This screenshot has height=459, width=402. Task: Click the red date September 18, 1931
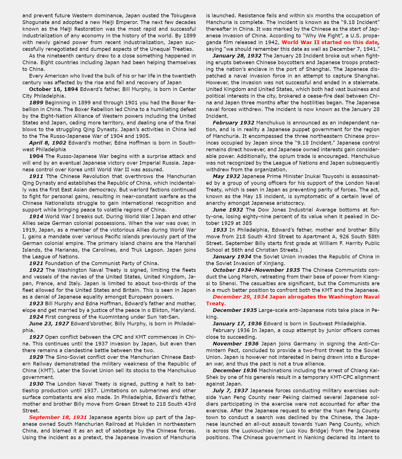point(58,417)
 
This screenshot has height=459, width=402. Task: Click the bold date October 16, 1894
point(53,89)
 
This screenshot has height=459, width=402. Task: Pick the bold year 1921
point(36,263)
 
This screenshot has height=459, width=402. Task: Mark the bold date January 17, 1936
point(237,324)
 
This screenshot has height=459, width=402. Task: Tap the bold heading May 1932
point(226,176)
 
